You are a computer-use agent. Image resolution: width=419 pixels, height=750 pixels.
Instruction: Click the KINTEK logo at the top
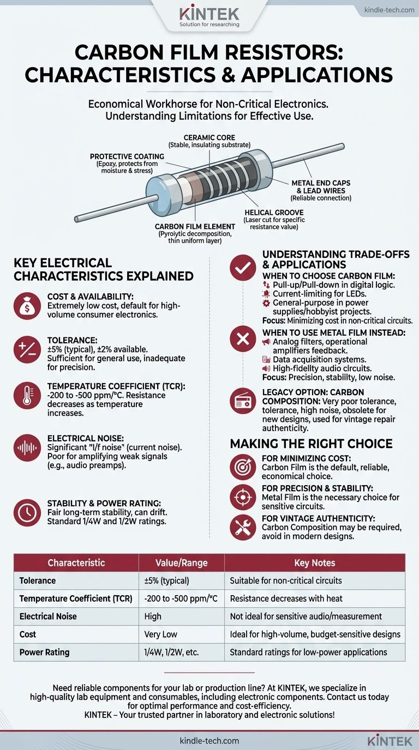click(x=209, y=16)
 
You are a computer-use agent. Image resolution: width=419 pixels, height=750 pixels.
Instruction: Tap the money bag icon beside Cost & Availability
click(x=27, y=306)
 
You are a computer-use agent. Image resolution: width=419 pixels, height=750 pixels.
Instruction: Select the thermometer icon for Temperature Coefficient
click(x=27, y=395)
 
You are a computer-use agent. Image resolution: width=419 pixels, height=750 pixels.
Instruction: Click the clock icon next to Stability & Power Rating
click(x=27, y=512)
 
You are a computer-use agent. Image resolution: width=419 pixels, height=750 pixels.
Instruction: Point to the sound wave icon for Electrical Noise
click(x=27, y=447)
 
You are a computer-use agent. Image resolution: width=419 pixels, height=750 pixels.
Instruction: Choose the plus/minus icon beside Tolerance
click(x=27, y=349)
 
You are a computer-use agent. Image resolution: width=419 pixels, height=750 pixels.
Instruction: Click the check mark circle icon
click(x=243, y=268)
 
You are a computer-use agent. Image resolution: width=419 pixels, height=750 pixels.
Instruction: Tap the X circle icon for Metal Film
click(x=243, y=339)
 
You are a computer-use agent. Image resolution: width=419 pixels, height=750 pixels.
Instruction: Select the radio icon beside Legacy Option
click(x=243, y=401)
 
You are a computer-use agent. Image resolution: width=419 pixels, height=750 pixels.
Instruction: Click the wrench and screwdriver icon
click(x=243, y=528)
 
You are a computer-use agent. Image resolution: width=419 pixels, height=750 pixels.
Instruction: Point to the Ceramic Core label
click(x=209, y=137)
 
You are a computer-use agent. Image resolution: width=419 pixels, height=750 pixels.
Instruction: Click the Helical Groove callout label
click(x=274, y=212)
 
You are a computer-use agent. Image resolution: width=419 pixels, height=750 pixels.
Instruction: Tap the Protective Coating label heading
click(x=127, y=156)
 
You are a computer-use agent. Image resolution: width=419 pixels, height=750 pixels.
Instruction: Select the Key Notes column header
click(x=315, y=563)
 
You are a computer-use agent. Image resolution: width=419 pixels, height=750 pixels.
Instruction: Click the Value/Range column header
click(x=181, y=563)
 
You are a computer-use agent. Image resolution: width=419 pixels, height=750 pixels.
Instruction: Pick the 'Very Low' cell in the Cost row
click(x=160, y=634)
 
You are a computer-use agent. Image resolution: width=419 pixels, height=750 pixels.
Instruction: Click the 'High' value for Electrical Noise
click(x=153, y=616)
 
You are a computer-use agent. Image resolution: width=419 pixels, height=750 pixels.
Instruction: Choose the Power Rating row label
click(x=45, y=652)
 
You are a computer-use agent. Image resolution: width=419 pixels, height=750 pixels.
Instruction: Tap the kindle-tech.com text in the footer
click(x=209, y=741)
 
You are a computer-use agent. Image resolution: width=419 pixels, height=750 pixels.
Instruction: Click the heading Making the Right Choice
click(x=311, y=444)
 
